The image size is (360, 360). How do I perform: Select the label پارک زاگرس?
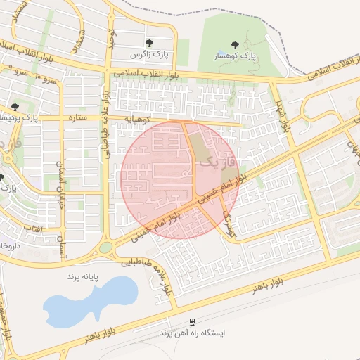tap(148, 54)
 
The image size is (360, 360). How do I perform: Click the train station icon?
tap(192, 321)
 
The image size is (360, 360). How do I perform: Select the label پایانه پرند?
tap(85, 277)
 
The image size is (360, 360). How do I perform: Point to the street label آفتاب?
tap(34, 229)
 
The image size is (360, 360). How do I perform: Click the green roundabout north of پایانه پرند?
tap(106, 247)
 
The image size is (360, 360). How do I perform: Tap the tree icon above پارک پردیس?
tap(15, 107)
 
